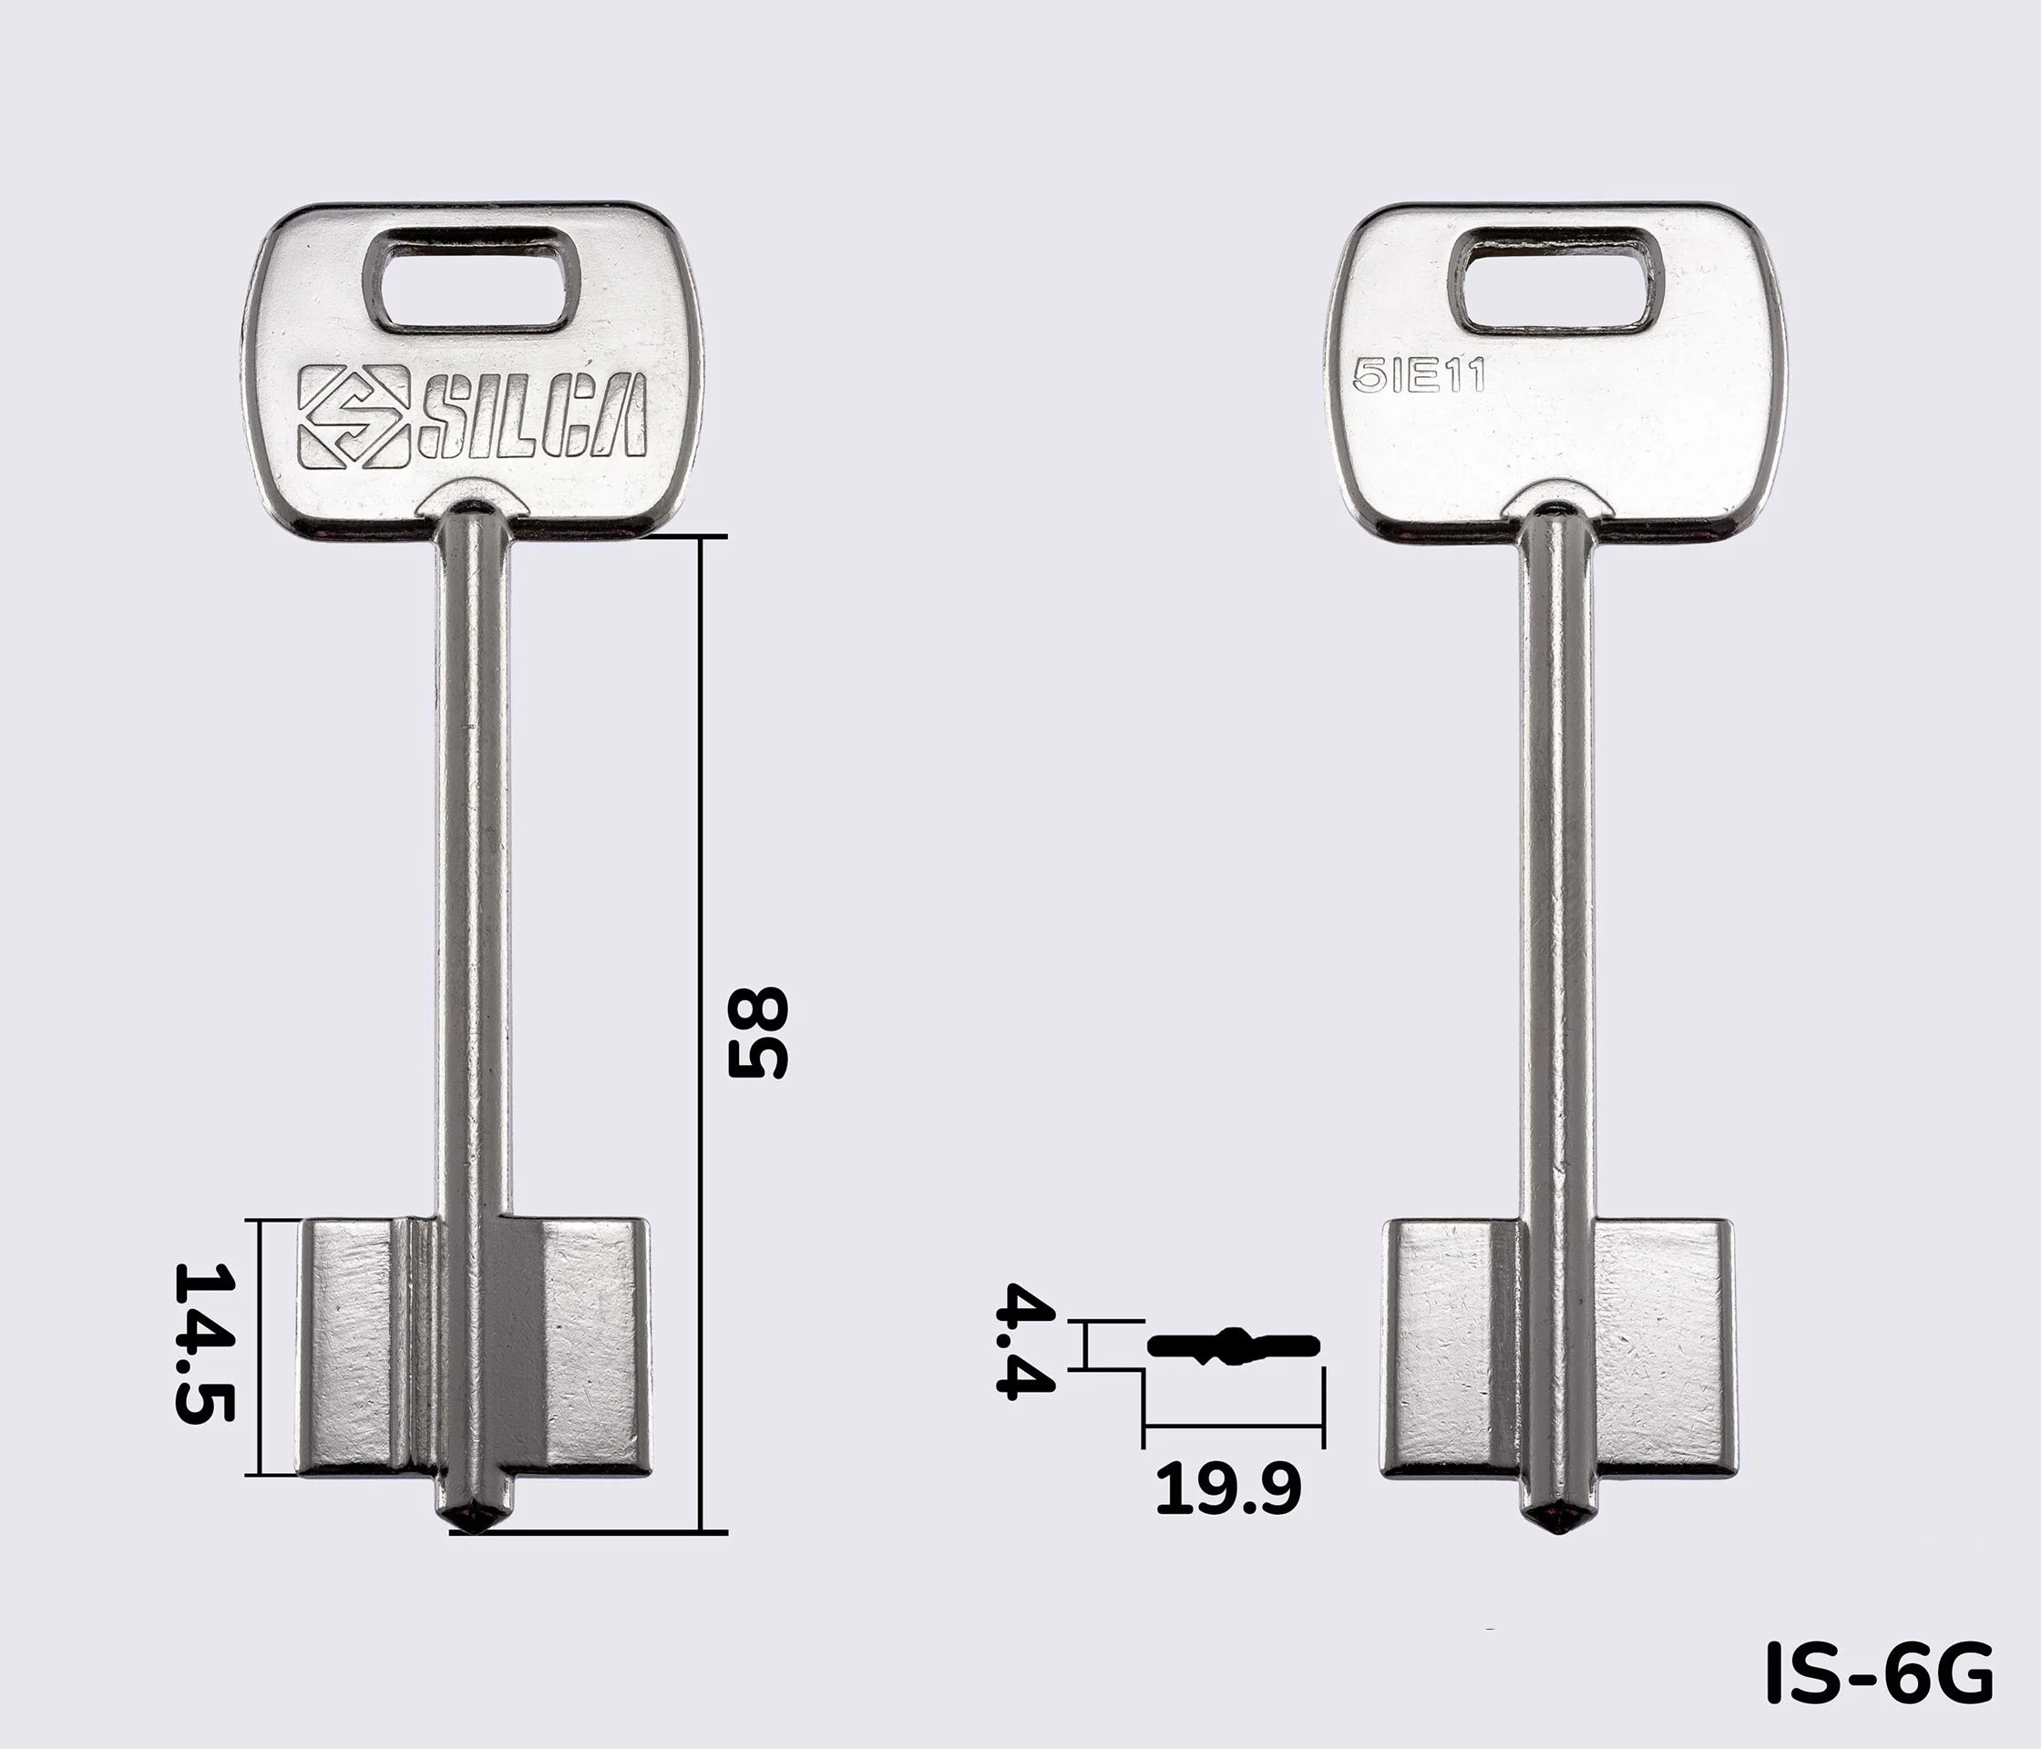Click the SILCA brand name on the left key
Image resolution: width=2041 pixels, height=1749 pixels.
point(533,415)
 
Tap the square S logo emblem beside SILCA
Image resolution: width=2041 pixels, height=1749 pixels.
point(354,415)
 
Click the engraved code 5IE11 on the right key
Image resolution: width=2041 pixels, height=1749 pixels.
point(1420,376)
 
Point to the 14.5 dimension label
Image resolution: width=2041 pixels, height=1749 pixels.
point(204,1344)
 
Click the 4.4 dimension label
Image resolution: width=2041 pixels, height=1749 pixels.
point(1025,1339)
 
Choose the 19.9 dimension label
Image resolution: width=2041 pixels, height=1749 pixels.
point(1227,1488)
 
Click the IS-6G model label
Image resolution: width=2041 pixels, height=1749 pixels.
point(1880,1672)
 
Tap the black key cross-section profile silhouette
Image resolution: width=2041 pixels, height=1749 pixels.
point(1234,1346)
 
